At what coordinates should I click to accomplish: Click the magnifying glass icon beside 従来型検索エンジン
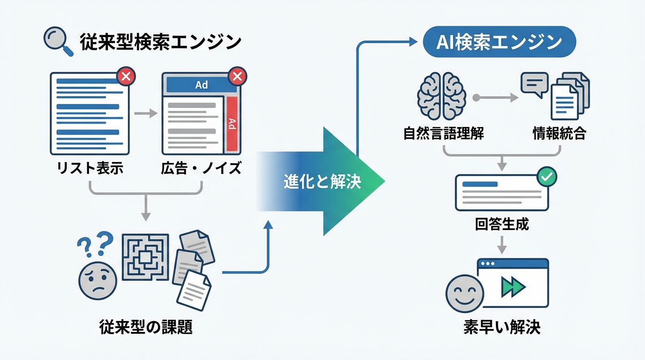(58, 42)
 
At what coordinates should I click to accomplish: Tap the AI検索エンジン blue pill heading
(499, 42)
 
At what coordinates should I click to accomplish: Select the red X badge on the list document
(125, 76)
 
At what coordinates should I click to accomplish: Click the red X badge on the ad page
(237, 76)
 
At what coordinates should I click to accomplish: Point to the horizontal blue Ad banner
(201, 85)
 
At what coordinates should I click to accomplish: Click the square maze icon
(145, 258)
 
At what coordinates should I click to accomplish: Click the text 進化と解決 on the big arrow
(322, 182)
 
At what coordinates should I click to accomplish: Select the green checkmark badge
(546, 177)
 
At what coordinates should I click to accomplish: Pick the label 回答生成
(502, 224)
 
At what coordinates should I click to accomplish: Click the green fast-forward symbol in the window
(513, 286)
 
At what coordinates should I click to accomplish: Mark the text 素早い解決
(502, 327)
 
